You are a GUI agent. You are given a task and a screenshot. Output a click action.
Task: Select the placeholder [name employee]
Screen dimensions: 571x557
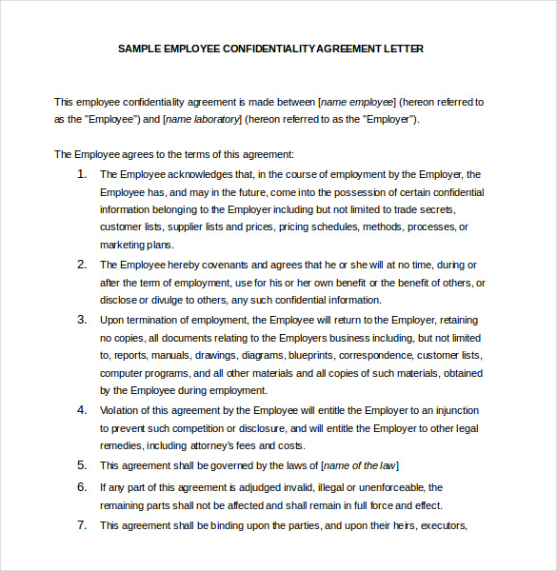tap(357, 101)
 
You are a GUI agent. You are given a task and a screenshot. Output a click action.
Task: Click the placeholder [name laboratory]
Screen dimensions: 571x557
tap(203, 119)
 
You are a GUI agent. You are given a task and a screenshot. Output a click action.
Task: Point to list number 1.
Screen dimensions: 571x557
tap(82, 173)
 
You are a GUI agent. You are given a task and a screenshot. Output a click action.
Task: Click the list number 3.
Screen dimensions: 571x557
tap(82, 319)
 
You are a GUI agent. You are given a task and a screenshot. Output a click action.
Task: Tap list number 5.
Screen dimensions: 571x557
tap(82, 464)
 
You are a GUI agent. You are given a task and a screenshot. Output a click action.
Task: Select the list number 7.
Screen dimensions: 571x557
tap(82, 524)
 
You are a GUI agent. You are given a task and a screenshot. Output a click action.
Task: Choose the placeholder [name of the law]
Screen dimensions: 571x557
tap(360, 465)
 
